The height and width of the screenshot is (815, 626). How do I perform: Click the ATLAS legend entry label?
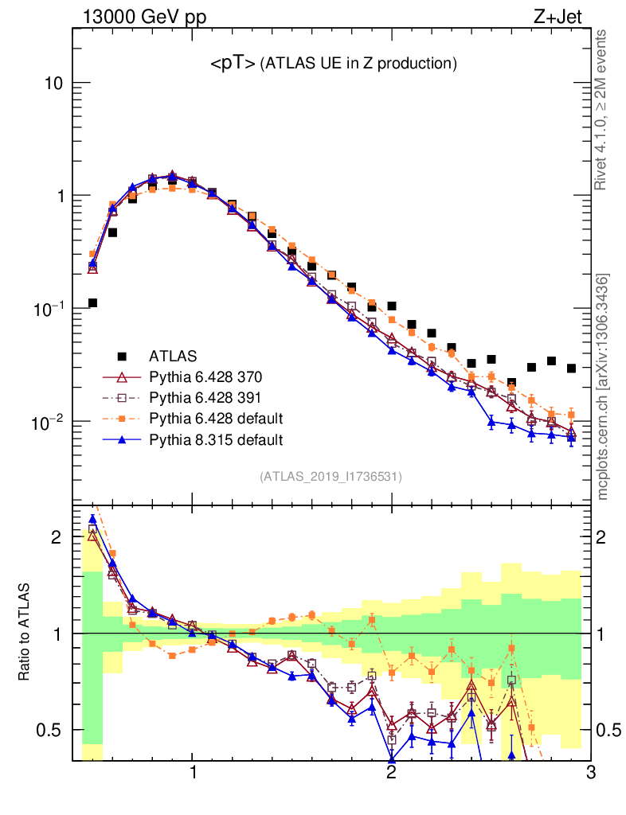pos(174,355)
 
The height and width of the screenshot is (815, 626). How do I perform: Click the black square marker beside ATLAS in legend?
pos(122,355)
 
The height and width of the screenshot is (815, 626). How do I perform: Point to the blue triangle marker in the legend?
pos(122,439)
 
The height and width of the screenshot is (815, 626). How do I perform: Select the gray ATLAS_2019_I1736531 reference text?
pos(331,477)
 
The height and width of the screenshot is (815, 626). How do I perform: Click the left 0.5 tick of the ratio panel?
pos(52,730)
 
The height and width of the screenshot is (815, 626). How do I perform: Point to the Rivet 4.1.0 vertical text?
pos(602,111)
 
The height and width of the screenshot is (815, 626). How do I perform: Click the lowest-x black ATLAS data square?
pos(92,302)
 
